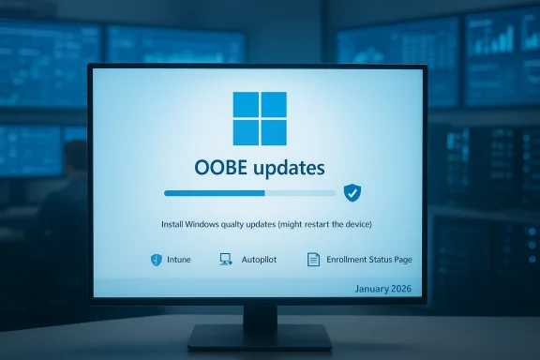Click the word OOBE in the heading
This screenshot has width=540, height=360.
(x=220, y=169)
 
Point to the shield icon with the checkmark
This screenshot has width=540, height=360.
(x=352, y=193)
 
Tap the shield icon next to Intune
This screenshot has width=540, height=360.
(x=156, y=260)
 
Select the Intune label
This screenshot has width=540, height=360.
(x=178, y=260)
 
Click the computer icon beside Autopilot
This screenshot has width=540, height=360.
(x=225, y=260)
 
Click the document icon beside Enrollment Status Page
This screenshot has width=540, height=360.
(x=313, y=260)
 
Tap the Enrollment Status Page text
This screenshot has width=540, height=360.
(x=365, y=260)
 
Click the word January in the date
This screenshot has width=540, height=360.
(x=375, y=289)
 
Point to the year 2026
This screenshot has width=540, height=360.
(x=404, y=289)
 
